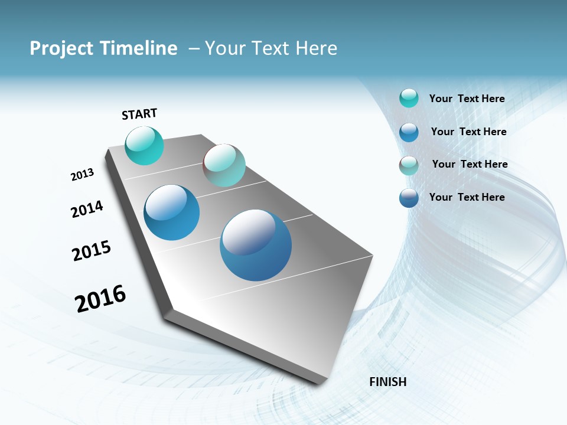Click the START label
tap(139, 114)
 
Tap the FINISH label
tap(387, 382)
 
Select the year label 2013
tap(82, 175)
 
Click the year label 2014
tap(87, 209)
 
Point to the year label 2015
tap(91, 251)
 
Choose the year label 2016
tap(100, 299)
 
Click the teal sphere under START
tap(144, 146)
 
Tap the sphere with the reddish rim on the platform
tap(224, 165)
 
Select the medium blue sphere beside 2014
tap(171, 212)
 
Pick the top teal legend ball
tap(409, 98)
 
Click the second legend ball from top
tap(409, 132)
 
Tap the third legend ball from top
tap(409, 165)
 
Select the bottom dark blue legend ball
tap(409, 198)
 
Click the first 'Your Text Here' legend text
tap(467, 99)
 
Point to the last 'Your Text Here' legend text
tap(467, 197)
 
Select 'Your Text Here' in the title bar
tap(271, 48)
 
